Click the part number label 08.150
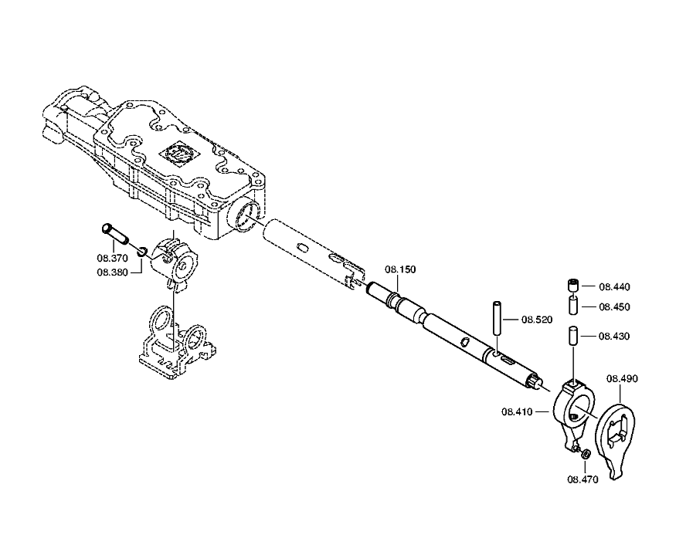coord(400,269)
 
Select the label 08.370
coord(113,258)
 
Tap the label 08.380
coord(113,272)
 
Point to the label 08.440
coord(614,286)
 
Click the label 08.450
coord(614,306)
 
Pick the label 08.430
coord(614,336)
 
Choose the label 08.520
coord(537,320)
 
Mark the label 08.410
coord(517,411)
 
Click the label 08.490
coord(622,378)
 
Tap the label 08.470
coord(582,479)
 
